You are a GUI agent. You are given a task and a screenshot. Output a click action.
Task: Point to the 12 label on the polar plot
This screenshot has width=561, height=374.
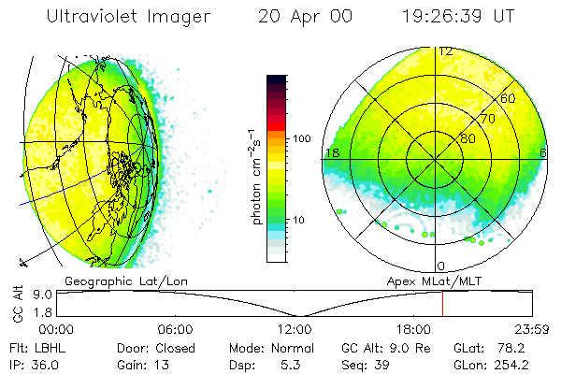tap(446, 51)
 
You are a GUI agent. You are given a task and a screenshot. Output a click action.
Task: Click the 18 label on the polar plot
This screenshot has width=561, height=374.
tap(331, 152)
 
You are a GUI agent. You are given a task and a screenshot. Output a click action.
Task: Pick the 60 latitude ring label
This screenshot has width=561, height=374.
tap(509, 98)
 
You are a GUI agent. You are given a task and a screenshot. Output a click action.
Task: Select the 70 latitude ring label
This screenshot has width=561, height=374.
tap(487, 119)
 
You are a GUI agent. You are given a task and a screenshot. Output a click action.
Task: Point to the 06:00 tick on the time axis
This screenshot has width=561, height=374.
tap(176, 329)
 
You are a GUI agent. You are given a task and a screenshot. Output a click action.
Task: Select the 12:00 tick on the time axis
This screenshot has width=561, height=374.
tap(295, 329)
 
